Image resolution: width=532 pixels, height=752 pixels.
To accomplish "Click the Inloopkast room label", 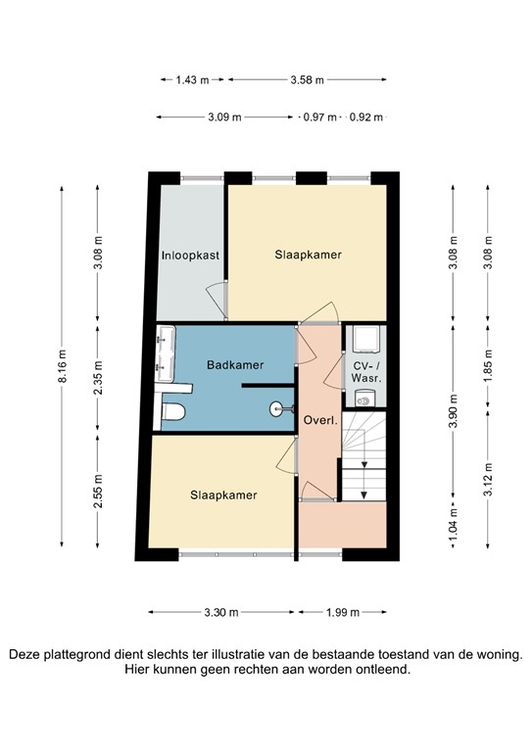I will click(x=189, y=256).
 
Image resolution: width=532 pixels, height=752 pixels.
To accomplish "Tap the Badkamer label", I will click(x=235, y=365).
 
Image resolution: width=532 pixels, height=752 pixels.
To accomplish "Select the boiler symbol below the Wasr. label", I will click(x=365, y=398).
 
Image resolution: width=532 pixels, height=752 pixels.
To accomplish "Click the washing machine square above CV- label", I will click(x=365, y=338).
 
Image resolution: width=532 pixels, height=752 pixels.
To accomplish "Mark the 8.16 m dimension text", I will click(x=61, y=368).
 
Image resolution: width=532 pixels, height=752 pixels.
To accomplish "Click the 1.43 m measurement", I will click(x=191, y=80).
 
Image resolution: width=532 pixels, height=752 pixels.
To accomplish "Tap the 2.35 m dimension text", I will click(x=97, y=376).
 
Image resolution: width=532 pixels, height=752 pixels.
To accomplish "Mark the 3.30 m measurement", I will click(x=220, y=612).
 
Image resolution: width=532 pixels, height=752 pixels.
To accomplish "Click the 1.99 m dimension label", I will click(x=342, y=612).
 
